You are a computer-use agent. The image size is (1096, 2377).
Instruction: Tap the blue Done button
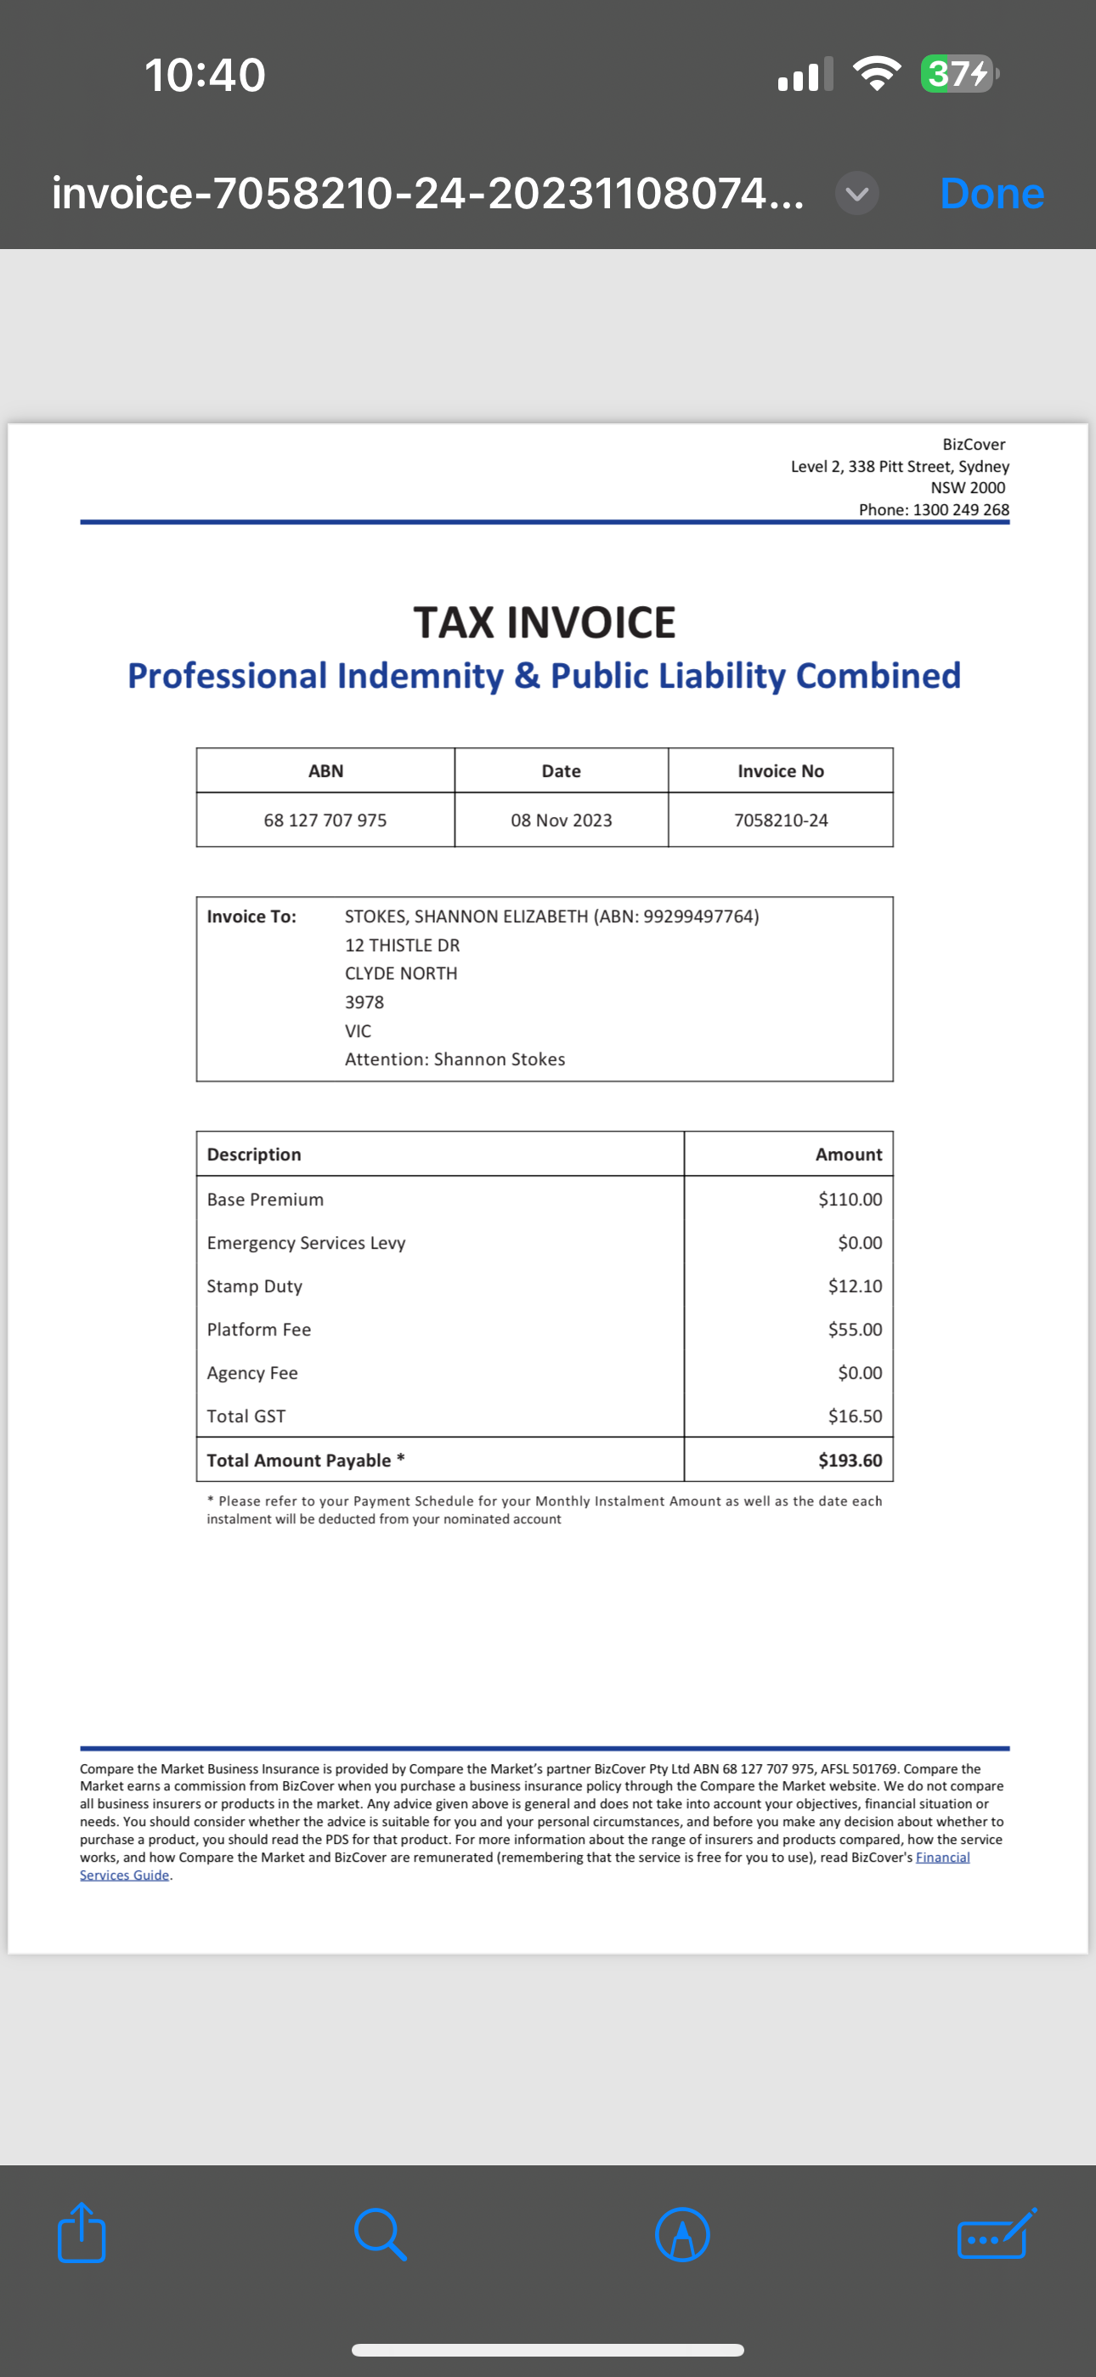[x=991, y=194]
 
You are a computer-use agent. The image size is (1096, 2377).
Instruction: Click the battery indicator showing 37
[x=958, y=74]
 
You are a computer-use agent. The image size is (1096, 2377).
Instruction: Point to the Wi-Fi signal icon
[x=877, y=74]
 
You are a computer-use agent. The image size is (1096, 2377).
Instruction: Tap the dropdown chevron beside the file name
[x=857, y=194]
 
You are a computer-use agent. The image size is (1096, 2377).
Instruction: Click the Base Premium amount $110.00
[x=850, y=1199]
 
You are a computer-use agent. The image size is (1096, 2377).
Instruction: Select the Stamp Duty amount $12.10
[x=855, y=1285]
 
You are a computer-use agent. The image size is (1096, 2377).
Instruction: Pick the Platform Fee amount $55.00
[x=855, y=1329]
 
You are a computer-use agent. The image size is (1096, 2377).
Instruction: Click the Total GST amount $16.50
[x=855, y=1415]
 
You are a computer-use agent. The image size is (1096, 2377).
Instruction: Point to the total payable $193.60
[x=850, y=1460]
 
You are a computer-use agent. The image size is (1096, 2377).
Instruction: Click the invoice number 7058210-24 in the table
[x=781, y=820]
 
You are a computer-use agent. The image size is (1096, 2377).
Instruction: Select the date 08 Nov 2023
[x=561, y=820]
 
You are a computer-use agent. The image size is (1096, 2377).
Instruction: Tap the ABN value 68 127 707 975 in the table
[x=325, y=820]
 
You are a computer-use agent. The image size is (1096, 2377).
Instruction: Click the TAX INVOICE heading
[x=545, y=622]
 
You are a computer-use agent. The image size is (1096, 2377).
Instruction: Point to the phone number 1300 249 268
[x=960, y=509]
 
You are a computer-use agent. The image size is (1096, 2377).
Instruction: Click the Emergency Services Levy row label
[x=307, y=1242]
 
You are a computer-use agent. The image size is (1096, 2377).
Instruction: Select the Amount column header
[x=848, y=1154]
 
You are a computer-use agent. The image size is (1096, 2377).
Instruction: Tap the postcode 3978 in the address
[x=364, y=1001]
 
